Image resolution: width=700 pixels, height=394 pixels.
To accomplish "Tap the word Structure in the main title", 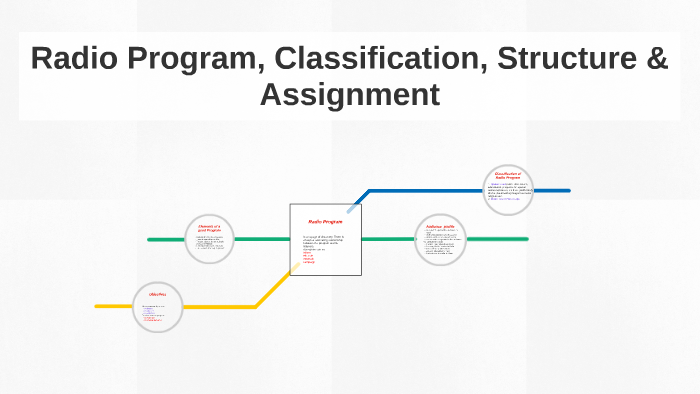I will (555, 58).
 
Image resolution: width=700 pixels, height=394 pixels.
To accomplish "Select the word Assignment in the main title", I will (349, 94).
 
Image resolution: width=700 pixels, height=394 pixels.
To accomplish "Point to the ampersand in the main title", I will (655, 58).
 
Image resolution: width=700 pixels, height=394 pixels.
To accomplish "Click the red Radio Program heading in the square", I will (325, 221).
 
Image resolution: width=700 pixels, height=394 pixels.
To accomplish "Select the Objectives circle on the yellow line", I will (157, 305).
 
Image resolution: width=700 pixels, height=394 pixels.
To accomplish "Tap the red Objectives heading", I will (157, 295).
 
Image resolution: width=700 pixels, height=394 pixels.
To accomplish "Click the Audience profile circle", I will (440, 240).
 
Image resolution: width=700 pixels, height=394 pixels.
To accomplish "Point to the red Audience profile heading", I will (440, 227).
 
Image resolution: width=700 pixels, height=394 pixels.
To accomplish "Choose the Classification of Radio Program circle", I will (508, 190).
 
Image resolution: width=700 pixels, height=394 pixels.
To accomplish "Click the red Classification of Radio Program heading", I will (508, 176).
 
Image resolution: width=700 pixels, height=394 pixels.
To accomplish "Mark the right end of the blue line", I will (568, 190).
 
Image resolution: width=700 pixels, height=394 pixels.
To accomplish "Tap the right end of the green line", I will (526, 239).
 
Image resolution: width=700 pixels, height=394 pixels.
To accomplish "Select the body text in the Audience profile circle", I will (440, 244).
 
